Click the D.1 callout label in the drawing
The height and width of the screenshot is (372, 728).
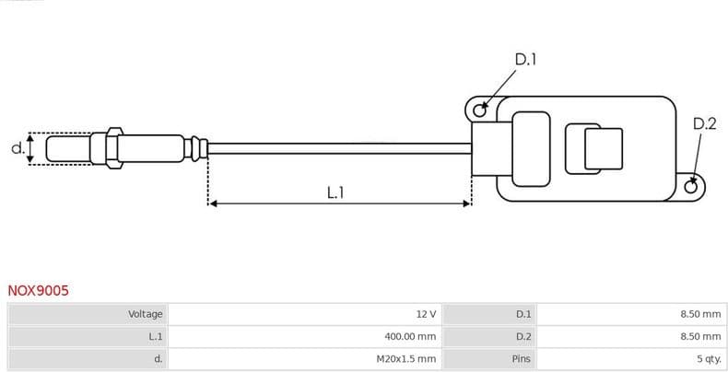(x=525, y=60)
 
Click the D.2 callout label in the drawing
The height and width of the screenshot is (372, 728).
(x=704, y=124)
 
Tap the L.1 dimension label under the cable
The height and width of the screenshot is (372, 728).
(x=335, y=192)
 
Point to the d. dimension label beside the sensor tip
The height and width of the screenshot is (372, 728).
(x=17, y=147)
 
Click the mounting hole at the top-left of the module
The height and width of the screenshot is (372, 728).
(x=479, y=111)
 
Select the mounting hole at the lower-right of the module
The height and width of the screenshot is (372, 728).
(x=691, y=187)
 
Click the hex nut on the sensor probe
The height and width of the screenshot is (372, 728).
(x=113, y=147)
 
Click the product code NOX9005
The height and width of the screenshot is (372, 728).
(x=38, y=290)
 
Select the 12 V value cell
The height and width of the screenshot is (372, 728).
(x=425, y=314)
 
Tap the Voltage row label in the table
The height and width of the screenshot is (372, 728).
(x=145, y=314)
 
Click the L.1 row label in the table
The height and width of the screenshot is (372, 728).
(x=155, y=337)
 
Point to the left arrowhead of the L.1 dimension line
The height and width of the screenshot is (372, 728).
(x=214, y=203)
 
